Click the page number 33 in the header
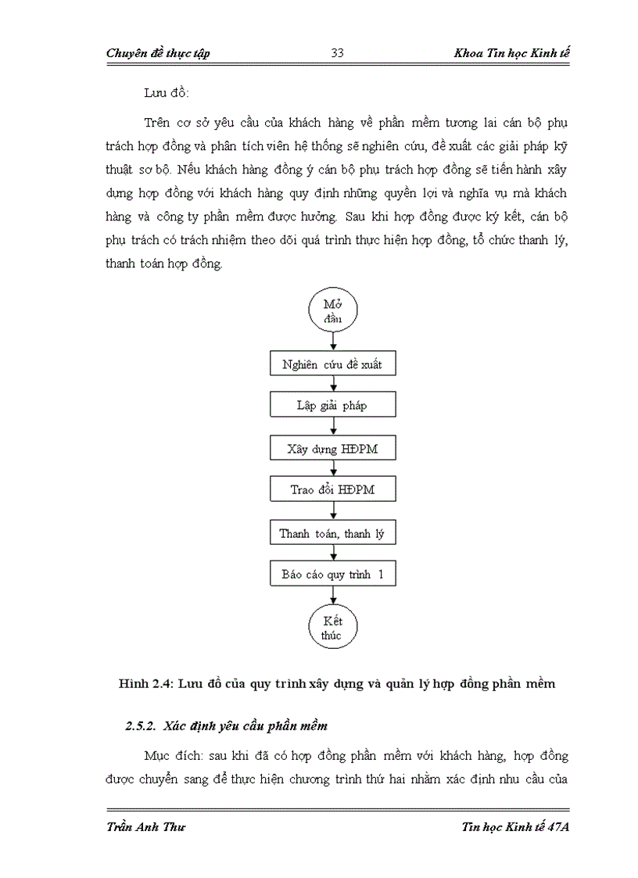[339, 53]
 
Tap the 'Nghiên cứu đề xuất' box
[334, 364]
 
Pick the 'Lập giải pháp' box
[334, 406]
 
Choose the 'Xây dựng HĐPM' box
[334, 448]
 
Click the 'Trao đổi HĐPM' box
[334, 490]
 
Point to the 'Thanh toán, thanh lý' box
[334, 534]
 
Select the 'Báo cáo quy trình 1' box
[334, 575]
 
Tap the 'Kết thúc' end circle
[332, 627]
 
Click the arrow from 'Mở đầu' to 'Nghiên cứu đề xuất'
[334, 341]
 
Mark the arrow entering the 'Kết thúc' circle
[334, 597]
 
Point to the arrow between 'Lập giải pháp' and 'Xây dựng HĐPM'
[334, 427]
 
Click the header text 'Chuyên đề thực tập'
[157, 53]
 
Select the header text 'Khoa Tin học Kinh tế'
[511, 53]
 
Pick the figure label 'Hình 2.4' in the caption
[145, 683]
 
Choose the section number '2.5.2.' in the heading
[142, 726]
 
